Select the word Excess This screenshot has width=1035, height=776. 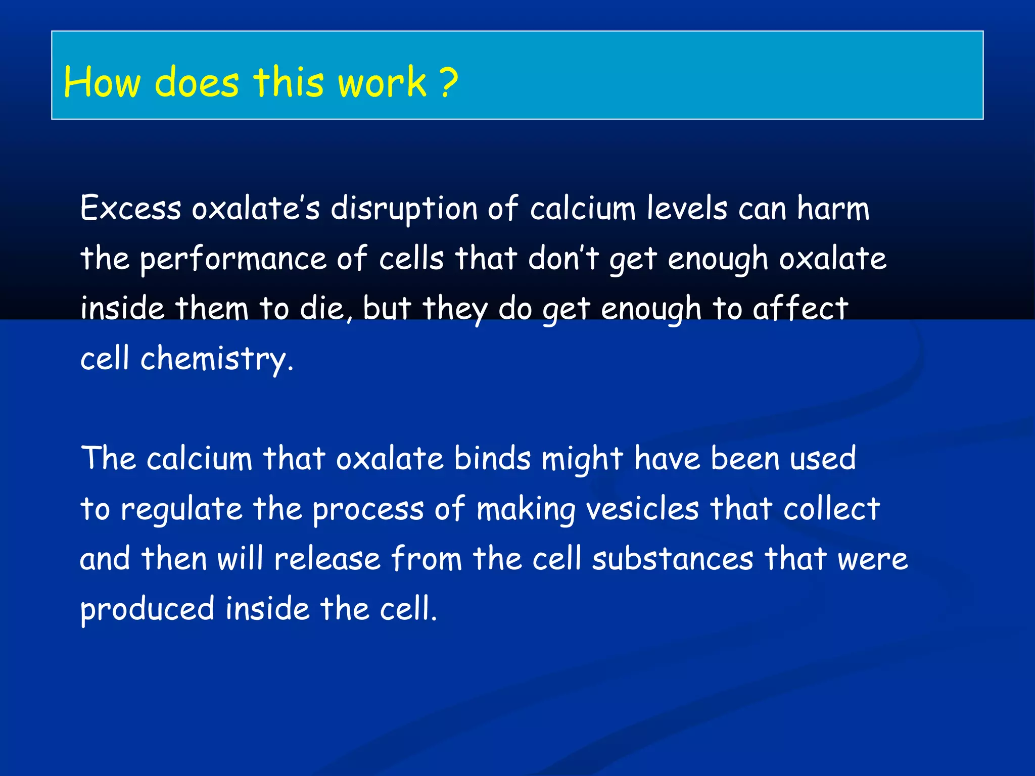[x=130, y=208]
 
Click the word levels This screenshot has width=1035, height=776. [x=687, y=208]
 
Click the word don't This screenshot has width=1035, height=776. [x=563, y=258]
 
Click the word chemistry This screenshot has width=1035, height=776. [x=214, y=359]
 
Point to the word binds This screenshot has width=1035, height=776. [x=492, y=459]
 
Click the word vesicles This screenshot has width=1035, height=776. [x=642, y=509]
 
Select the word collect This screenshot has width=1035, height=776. [x=831, y=509]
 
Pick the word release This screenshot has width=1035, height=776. [x=327, y=559]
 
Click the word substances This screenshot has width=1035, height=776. [x=673, y=559]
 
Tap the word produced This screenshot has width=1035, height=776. [x=147, y=609]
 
